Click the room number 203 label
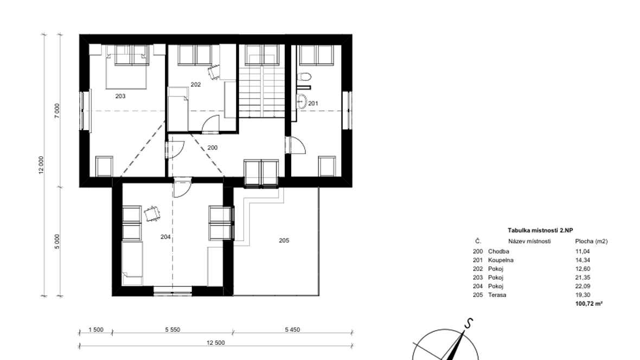pos(120,97)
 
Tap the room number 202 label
pos(195,85)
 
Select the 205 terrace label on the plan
pos(284,240)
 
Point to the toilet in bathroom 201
pos(304,76)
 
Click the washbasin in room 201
pos(302,101)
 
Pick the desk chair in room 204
pos(152,214)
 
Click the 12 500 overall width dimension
pos(215,343)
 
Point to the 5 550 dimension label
pos(172,330)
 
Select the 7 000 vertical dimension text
pos(57,111)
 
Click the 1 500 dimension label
pos(96,330)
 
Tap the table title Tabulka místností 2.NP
pos(540,230)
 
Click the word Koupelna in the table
pos(501,260)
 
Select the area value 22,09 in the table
pos(583,286)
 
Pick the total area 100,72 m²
pos(589,304)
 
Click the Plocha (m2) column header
pos(591,241)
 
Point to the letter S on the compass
pos(469,323)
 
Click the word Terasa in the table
pos(497,295)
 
